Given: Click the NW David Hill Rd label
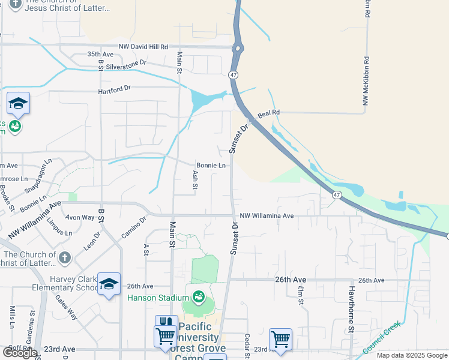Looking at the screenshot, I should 143,46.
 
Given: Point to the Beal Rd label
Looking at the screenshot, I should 268,112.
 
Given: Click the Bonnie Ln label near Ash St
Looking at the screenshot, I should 211,166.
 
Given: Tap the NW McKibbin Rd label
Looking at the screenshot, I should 365,83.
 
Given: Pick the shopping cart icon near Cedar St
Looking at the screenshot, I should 280,339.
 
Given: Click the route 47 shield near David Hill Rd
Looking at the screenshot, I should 233,74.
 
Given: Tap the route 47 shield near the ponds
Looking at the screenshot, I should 337,195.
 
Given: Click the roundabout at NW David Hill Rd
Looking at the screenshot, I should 238,48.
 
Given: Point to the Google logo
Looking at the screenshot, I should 20,352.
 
